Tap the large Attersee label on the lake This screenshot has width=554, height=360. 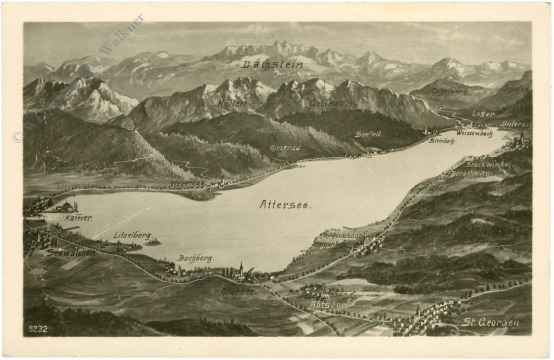point(285,204)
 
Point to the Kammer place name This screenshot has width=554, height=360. point(79,217)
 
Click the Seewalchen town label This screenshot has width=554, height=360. point(70,252)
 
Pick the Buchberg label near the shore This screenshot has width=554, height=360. point(195,258)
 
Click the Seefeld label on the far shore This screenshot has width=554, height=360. point(368,133)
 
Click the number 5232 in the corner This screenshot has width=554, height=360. point(38,326)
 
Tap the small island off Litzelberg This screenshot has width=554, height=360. point(151,241)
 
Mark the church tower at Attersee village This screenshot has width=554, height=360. point(241,268)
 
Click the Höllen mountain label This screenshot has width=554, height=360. point(232,103)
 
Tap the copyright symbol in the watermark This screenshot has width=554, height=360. point(17,136)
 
